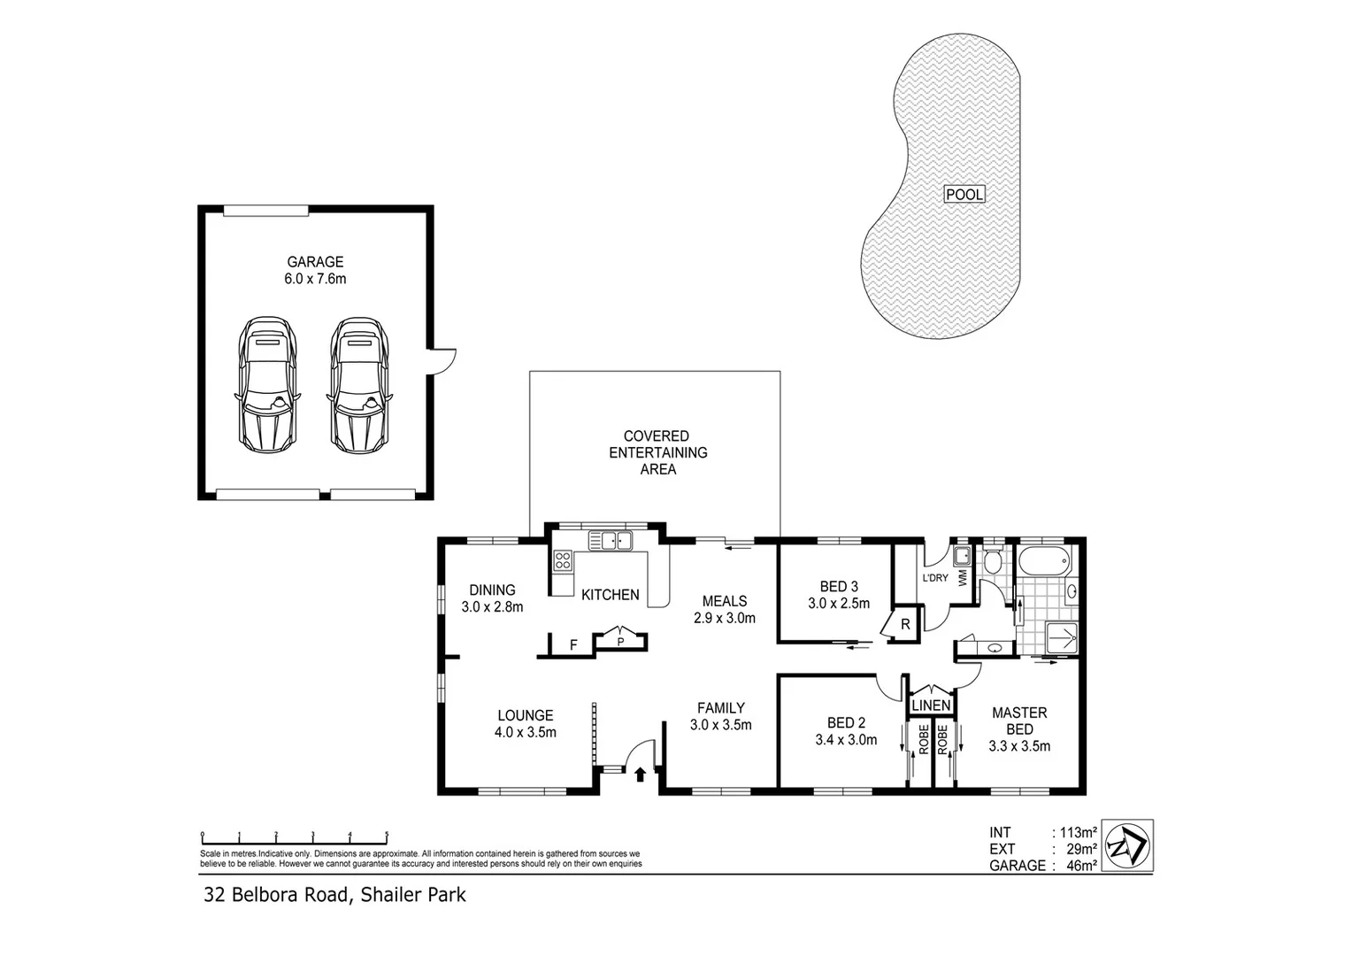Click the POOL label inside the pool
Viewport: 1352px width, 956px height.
click(x=964, y=194)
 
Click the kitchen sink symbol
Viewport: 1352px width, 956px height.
click(x=611, y=539)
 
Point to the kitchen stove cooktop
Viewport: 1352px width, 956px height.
click(x=562, y=559)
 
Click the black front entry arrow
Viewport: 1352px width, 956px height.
click(x=641, y=775)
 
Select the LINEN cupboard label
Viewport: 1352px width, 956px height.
click(x=932, y=705)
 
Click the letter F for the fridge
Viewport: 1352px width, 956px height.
click(x=573, y=645)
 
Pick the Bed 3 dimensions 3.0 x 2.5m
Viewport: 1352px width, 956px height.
click(x=838, y=604)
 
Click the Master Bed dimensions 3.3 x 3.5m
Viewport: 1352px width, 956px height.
click(x=1019, y=746)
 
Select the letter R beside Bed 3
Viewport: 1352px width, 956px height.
click(x=905, y=625)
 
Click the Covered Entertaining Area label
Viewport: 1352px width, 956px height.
click(x=657, y=452)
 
